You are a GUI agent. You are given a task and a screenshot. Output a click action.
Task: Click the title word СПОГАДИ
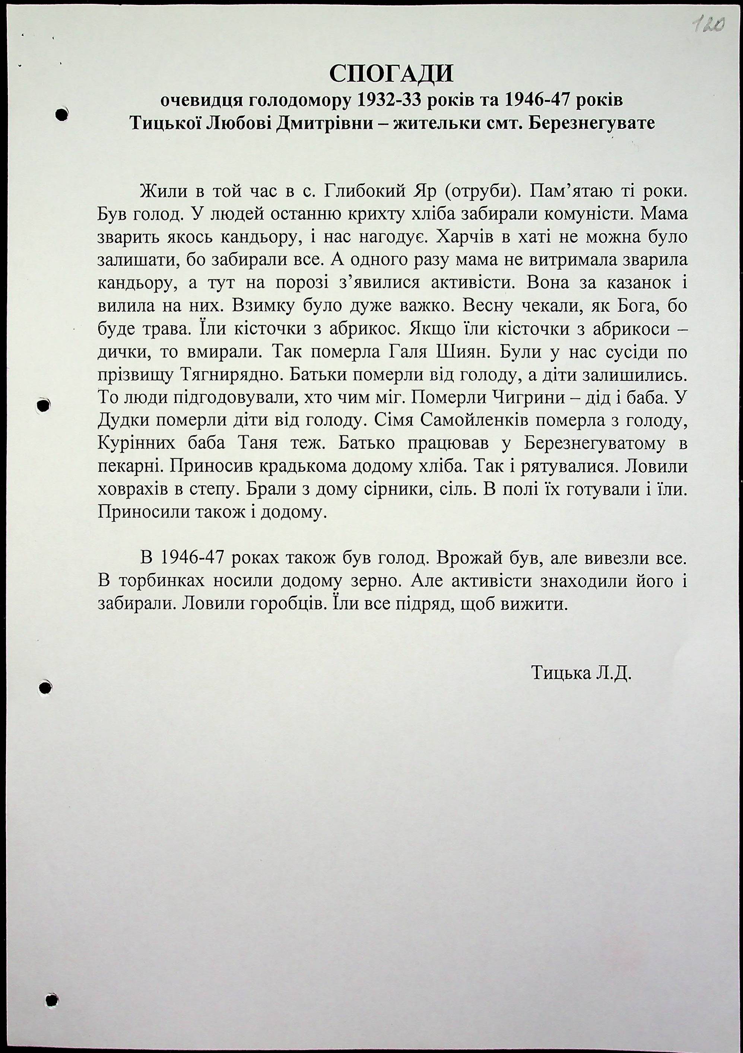391,74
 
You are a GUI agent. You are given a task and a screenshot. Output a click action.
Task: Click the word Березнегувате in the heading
592,123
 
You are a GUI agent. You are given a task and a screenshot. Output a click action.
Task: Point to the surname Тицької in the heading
164,123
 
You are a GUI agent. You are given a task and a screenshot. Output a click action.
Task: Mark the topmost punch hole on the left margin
61,114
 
